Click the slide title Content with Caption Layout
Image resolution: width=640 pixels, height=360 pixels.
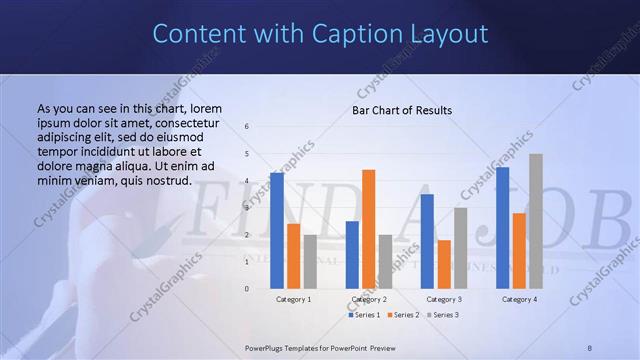[x=320, y=34]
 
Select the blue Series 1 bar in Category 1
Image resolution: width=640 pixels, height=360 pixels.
[x=277, y=231]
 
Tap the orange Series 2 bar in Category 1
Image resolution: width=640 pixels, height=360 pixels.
[x=293, y=256]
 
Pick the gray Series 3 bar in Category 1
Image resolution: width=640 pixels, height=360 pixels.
[x=310, y=262]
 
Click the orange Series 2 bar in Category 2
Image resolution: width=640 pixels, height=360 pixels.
[x=368, y=229]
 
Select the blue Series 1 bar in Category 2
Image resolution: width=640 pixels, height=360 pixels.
[x=352, y=255]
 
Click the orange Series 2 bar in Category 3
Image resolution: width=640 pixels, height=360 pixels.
[x=444, y=264]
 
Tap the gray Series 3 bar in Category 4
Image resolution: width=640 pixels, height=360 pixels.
[x=536, y=221]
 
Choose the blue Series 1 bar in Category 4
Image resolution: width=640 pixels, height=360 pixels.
[x=503, y=228]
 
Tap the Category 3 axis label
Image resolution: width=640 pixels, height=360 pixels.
[x=444, y=299]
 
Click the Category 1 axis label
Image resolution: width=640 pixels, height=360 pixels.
[x=293, y=299]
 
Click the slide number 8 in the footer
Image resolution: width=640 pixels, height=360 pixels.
[x=590, y=346]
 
